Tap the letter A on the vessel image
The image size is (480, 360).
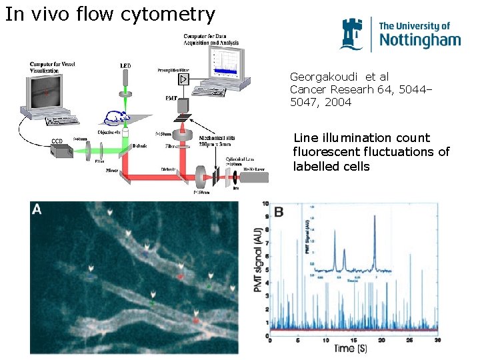[38, 209]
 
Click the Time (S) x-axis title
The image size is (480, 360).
[354, 349]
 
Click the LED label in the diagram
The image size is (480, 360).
[125, 66]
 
